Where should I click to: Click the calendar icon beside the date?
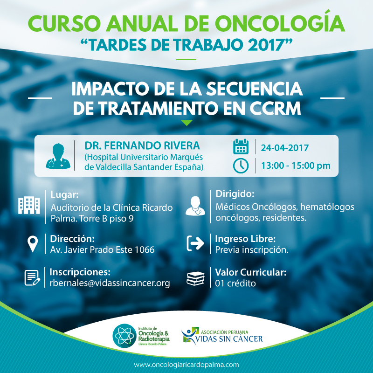241,147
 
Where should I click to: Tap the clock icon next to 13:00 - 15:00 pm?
241,166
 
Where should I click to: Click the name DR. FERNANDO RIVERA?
135,145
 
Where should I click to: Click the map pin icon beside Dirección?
33,244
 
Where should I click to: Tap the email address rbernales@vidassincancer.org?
110,283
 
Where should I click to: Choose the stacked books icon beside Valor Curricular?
195,278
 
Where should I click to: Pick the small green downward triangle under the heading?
186,123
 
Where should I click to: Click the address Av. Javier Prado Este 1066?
102,250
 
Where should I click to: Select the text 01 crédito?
235,283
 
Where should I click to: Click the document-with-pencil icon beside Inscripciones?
32,278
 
